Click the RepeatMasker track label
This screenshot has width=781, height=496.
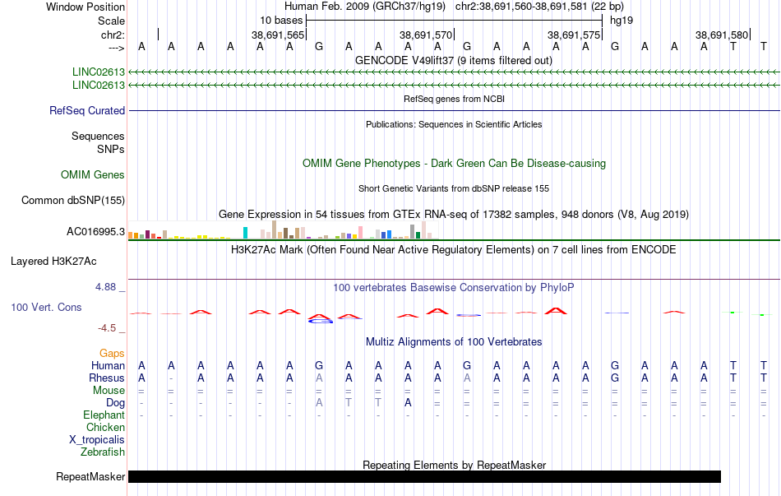click(x=90, y=476)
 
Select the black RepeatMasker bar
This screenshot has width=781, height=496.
click(x=424, y=476)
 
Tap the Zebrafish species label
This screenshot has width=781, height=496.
click(x=103, y=452)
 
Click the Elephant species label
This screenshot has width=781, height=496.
click(x=104, y=415)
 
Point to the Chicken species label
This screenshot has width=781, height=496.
click(x=105, y=427)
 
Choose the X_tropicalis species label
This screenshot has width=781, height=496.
click(x=97, y=440)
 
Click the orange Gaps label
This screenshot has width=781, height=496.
click(x=112, y=354)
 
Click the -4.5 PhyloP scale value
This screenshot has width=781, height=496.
click(x=107, y=328)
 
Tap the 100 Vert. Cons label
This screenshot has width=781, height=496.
click(x=46, y=307)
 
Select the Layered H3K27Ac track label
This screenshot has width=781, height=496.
click(x=53, y=262)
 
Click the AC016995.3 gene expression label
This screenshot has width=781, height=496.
click(x=95, y=232)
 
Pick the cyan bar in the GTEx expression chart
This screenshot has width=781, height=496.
click(x=245, y=233)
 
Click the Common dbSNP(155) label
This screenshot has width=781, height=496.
click(x=73, y=201)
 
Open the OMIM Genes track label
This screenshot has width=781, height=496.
click(x=93, y=175)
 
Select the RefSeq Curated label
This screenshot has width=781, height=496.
click(x=87, y=111)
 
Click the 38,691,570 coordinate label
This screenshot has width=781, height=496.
click(x=426, y=35)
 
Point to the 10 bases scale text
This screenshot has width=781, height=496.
click(x=281, y=21)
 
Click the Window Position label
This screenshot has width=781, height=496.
click(x=85, y=7)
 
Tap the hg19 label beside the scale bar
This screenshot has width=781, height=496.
click(x=622, y=21)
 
